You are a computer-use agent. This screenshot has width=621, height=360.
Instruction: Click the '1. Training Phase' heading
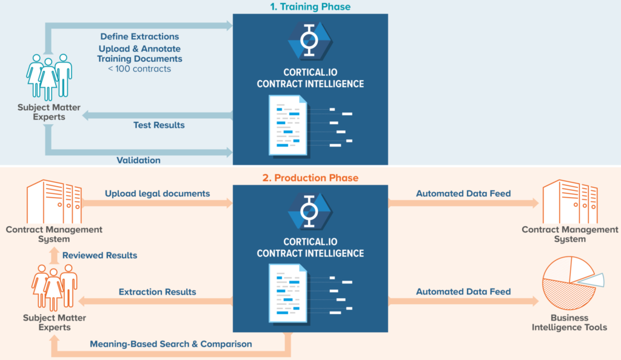click(310, 7)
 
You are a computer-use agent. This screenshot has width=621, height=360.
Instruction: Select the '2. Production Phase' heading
click(310, 178)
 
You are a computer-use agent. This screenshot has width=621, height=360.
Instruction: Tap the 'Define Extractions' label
click(139, 36)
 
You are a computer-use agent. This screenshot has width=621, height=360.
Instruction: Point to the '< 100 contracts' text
click(139, 69)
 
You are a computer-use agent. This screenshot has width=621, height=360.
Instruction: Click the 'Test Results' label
click(159, 125)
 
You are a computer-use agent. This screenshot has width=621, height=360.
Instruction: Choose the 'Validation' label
click(138, 160)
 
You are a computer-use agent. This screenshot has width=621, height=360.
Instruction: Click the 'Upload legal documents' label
click(157, 193)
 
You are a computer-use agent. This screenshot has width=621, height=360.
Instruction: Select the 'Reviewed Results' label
click(100, 255)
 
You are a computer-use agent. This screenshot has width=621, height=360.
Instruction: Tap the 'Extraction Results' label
click(157, 292)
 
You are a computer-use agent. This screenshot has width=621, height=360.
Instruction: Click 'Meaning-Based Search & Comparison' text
click(170, 344)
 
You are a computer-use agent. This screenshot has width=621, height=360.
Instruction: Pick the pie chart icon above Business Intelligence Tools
click(572, 282)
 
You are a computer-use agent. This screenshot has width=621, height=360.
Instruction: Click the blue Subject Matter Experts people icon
click(49, 77)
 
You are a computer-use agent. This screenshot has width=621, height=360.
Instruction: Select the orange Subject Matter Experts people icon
click(54, 287)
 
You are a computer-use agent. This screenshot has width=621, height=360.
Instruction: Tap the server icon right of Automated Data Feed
click(569, 202)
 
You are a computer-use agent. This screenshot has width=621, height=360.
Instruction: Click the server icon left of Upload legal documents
click(54, 202)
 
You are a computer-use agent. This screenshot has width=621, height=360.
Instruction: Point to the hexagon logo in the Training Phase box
click(310, 41)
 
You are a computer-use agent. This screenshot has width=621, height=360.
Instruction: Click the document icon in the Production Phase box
click(288, 293)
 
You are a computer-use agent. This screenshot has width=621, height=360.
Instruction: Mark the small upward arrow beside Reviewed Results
click(55, 256)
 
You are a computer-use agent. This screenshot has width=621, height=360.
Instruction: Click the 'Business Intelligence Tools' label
click(569, 322)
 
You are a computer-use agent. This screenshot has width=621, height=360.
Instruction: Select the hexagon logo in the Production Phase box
click(310, 212)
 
